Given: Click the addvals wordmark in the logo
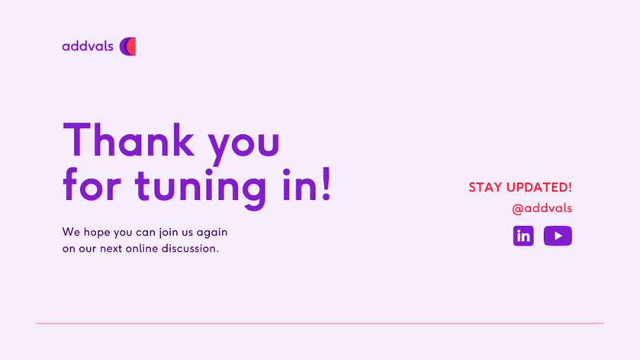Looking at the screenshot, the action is click(x=88, y=46).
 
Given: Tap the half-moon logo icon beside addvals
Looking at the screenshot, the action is click(x=127, y=47).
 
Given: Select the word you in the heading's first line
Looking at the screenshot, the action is click(x=244, y=145).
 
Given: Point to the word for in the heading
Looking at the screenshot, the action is click(x=92, y=185).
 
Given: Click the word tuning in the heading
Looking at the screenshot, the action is click(x=201, y=188).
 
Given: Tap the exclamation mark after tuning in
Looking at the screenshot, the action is click(x=326, y=184).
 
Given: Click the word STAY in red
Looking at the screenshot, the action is click(x=485, y=188).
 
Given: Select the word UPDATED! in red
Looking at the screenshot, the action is click(x=539, y=188).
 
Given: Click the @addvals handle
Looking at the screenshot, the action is click(x=542, y=208).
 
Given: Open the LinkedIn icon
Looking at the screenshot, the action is click(x=523, y=236).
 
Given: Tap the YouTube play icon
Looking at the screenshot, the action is click(x=558, y=236).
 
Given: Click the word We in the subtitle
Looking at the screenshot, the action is click(x=72, y=232).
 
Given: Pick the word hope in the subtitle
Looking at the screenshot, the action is click(x=97, y=233).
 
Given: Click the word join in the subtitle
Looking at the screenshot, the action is click(x=168, y=233).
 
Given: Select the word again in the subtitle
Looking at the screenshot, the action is click(x=212, y=233).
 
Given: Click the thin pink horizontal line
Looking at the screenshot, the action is click(x=320, y=323).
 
